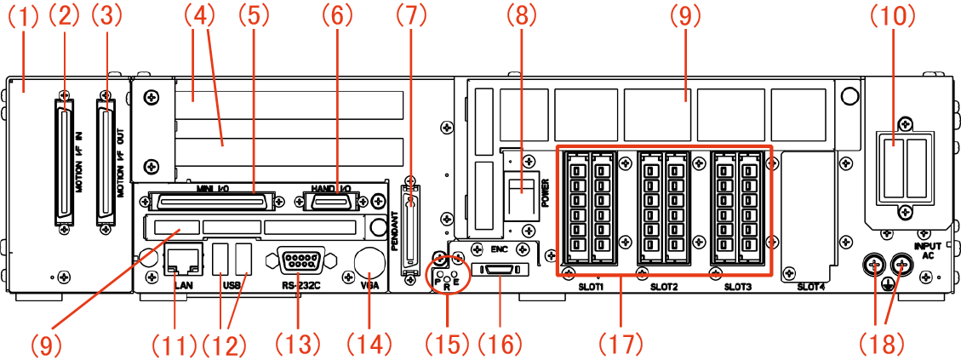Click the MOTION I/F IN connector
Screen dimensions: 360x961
coord(66,165)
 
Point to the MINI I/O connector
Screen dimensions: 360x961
coord(210,202)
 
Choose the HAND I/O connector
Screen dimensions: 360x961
coord(332,202)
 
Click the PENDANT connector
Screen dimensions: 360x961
coord(412,226)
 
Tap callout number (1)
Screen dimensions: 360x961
coord(22,14)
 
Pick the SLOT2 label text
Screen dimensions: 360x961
coord(664,288)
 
